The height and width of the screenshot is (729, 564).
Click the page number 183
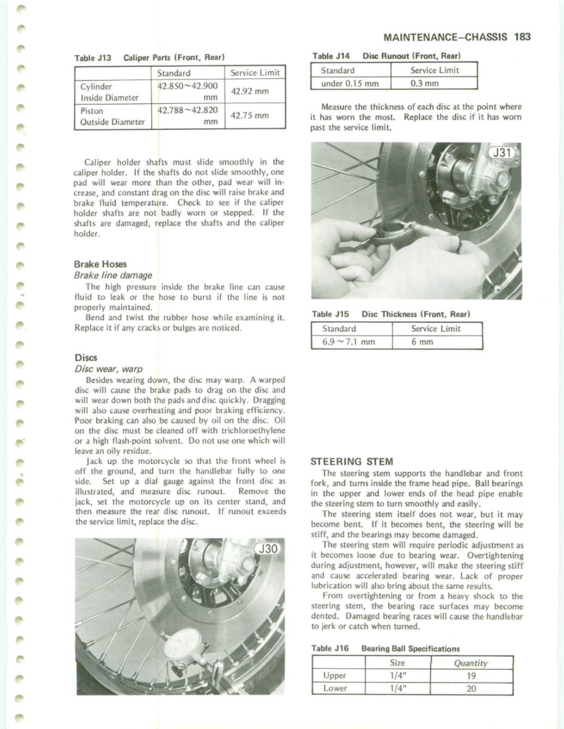(x=522, y=36)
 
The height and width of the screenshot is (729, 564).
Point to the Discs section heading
(x=86, y=357)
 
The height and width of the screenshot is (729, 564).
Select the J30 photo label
(x=268, y=549)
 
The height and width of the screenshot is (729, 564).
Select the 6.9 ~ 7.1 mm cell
(x=348, y=342)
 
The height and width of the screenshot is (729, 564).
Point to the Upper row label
(x=335, y=676)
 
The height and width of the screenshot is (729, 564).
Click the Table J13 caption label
(x=93, y=58)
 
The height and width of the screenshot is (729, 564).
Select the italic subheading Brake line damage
(x=113, y=275)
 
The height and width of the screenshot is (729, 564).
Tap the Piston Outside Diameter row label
(x=113, y=116)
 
